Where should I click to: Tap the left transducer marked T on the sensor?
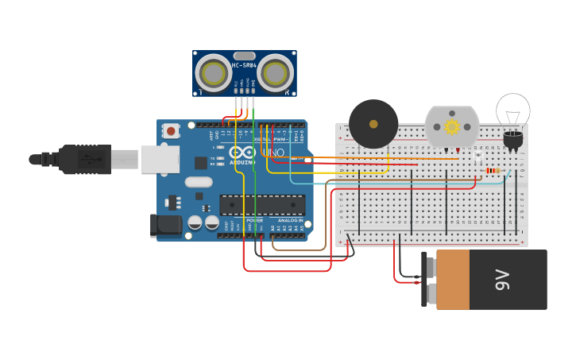214,73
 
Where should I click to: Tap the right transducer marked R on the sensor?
275,73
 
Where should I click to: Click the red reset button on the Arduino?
172,131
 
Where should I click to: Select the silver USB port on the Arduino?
159,159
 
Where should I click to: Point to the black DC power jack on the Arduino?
165,224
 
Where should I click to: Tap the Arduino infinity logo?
242,151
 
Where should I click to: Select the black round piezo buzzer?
373,124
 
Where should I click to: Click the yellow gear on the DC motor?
452,126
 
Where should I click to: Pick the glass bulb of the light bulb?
513,110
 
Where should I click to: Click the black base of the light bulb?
513,141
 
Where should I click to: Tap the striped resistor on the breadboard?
493,170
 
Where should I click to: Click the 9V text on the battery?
502,279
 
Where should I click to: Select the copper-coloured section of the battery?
453,279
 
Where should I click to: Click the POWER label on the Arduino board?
254,220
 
